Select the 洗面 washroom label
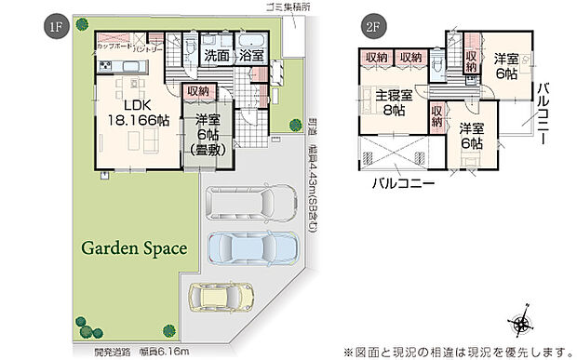(217, 56)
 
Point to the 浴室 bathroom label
(252, 56)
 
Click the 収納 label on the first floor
(196, 91)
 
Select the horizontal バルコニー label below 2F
(402, 184)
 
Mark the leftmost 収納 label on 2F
(376, 58)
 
